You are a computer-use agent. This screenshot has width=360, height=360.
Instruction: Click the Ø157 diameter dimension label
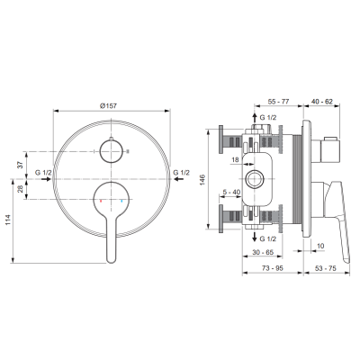108,105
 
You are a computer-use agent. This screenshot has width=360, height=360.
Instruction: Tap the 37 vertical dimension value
20,165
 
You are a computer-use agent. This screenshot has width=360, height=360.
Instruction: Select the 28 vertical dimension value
20,189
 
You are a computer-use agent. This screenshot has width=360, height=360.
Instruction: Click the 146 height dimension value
202,180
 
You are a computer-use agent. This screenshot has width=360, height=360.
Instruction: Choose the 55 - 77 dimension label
278,102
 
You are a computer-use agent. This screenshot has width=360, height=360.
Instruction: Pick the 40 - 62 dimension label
322,102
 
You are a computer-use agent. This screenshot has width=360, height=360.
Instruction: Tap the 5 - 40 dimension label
231,192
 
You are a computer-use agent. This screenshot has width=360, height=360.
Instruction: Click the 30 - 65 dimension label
263,252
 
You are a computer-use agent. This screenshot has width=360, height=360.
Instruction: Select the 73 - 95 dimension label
273,268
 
